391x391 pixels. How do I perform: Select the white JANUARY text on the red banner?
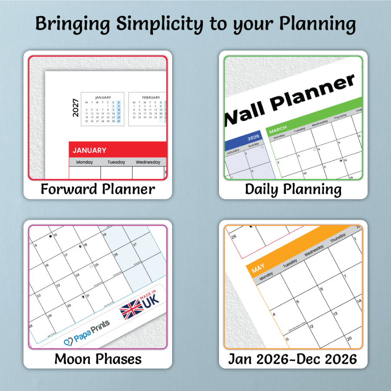(x=89, y=150)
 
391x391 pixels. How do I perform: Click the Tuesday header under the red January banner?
(x=116, y=162)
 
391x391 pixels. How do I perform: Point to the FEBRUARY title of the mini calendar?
(x=151, y=97)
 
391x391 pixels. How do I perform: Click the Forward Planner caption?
(x=98, y=189)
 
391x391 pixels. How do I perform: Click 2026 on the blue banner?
(x=253, y=137)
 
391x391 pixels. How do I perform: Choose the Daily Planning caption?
(x=293, y=189)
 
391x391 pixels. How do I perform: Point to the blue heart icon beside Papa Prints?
(x=68, y=342)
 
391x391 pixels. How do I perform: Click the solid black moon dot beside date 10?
(x=51, y=236)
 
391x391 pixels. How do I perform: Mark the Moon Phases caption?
(x=98, y=359)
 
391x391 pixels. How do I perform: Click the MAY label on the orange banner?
(x=258, y=269)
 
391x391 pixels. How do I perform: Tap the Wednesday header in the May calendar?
(x=314, y=252)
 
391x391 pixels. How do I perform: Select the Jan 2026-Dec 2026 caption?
(x=293, y=359)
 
